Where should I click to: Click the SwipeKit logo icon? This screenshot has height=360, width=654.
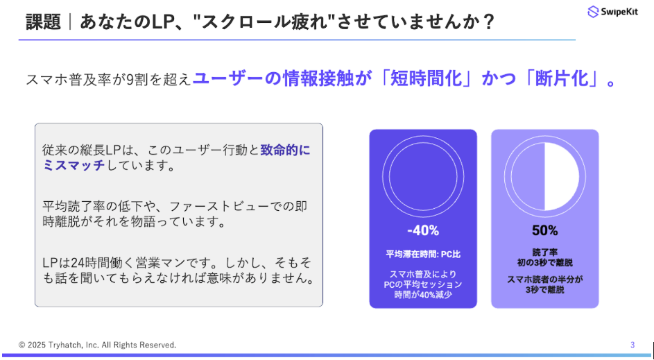592,12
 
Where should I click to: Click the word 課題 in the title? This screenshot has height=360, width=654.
43,22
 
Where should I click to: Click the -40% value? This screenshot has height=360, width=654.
422,230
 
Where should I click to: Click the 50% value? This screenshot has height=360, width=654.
544,230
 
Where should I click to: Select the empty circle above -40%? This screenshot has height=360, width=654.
422,175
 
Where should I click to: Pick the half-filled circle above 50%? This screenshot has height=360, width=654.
544,175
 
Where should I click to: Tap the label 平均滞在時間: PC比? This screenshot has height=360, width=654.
422,254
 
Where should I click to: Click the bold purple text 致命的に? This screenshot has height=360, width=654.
286,151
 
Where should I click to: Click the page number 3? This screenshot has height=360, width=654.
633,345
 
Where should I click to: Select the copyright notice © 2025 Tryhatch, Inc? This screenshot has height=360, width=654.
98,345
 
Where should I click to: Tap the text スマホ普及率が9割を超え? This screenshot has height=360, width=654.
108,80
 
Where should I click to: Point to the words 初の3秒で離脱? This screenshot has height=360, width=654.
544,263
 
